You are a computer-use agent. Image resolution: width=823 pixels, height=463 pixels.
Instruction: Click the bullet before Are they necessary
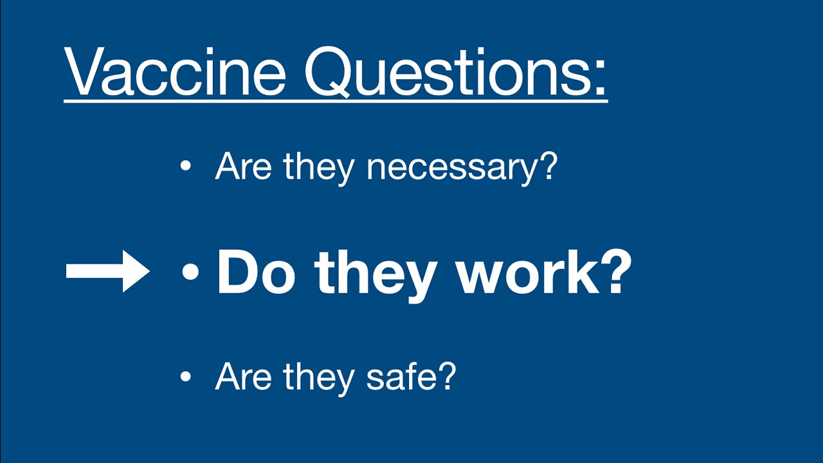pos(186,167)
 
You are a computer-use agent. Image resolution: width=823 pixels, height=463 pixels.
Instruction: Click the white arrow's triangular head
pos(137,271)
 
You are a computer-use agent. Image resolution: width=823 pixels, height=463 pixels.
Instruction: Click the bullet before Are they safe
pos(186,376)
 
